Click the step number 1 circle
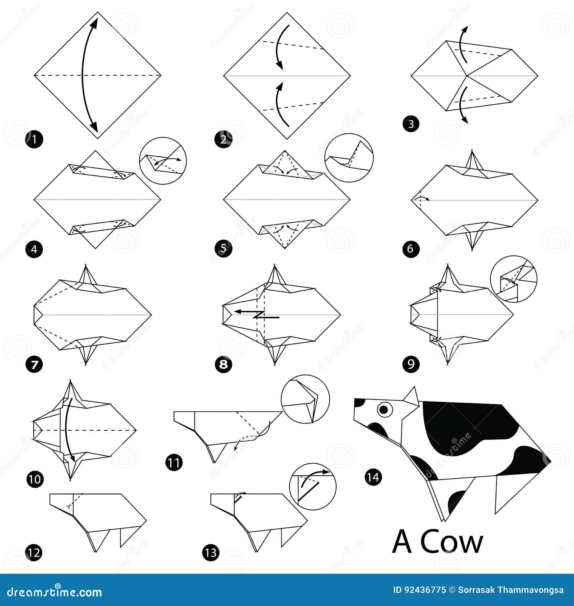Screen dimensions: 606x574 click(34, 139)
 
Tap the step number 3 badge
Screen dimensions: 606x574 click(411, 124)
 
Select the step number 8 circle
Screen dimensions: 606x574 click(223, 365)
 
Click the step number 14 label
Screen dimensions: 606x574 click(373, 477)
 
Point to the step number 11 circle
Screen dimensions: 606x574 click(174, 463)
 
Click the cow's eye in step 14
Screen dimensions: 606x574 click(385, 409)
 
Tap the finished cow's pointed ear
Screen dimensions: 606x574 click(412, 397)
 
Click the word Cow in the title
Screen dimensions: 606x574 click(452, 543)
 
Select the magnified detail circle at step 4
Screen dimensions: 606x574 click(163, 161)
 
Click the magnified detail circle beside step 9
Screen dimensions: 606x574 click(513, 279)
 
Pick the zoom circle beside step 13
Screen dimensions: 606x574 click(312, 487)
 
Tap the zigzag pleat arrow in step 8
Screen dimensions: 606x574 click(257, 314)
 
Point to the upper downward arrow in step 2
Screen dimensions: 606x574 click(282, 47)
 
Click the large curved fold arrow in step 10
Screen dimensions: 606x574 click(68, 430)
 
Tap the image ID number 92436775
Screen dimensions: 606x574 click(425, 590)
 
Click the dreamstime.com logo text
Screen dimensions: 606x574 click(55, 592)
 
